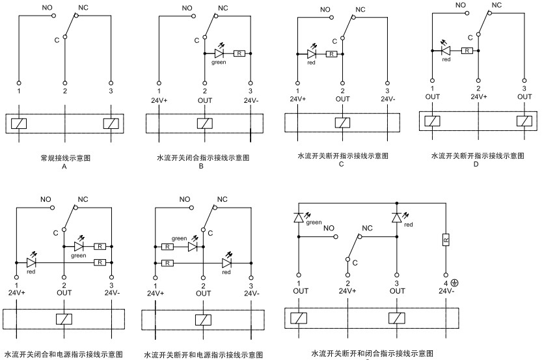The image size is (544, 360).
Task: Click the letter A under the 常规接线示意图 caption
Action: point(64,167)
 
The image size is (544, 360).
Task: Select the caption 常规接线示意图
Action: point(65,158)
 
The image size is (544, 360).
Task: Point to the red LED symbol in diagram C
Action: point(312,55)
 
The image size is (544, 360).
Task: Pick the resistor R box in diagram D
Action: point(467,49)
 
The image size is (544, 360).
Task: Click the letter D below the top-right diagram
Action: point(477,165)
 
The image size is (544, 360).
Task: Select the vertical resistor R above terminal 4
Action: point(446,240)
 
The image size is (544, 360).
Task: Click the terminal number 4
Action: point(445,283)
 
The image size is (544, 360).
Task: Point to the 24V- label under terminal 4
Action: point(446,292)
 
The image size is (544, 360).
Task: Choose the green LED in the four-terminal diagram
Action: point(298,216)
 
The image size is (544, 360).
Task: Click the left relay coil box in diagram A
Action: point(19,124)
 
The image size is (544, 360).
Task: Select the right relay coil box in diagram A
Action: point(111,124)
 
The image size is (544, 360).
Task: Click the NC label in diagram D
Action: point(497,5)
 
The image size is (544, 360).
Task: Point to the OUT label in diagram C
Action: point(343,99)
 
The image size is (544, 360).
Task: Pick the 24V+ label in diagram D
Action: point(478,96)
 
